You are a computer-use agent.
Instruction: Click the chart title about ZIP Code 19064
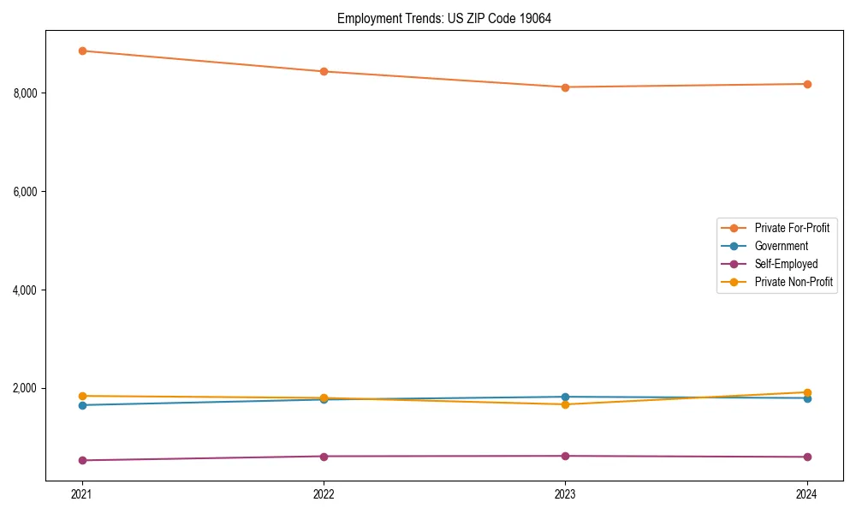tap(443, 18)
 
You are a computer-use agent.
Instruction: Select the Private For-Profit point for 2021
tap(82, 51)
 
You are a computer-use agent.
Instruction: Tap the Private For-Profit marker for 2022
tap(324, 71)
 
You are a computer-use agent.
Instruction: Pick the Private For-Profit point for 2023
tap(565, 87)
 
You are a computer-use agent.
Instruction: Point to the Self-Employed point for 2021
tap(82, 460)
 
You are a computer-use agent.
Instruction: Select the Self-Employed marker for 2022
tap(324, 456)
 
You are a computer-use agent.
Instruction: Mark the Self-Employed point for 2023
tap(565, 456)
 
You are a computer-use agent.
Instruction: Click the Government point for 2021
tap(82, 405)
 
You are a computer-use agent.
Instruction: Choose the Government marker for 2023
tap(565, 397)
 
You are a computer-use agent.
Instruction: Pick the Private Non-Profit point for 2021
tap(82, 396)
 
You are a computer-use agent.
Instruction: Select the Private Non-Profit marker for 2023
tap(565, 404)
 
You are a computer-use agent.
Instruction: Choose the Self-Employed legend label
tap(786, 264)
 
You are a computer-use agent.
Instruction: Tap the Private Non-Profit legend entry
tap(794, 282)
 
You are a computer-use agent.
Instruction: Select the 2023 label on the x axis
tap(565, 493)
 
